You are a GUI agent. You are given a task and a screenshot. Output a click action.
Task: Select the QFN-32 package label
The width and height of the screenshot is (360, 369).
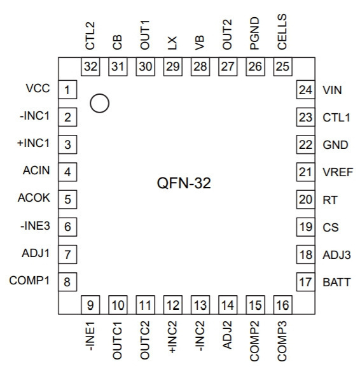coord(184,183)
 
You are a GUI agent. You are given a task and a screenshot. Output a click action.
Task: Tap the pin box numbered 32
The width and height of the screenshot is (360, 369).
coord(90,66)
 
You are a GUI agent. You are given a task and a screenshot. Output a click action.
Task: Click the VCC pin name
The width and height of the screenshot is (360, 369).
coord(38,88)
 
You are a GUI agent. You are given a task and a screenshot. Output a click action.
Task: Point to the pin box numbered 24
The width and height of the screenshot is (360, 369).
coord(305,90)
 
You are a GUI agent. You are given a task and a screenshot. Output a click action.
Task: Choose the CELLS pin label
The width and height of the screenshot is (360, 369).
coord(282,32)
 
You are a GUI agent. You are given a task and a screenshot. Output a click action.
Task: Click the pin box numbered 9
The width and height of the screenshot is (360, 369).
coord(90,305)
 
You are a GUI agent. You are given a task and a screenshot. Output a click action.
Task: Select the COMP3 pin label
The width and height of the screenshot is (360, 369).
coord(282,341)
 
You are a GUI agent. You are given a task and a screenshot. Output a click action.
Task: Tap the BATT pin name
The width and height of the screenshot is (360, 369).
coord(336,282)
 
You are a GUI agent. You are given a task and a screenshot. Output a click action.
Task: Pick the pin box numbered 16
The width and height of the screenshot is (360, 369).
coord(282,305)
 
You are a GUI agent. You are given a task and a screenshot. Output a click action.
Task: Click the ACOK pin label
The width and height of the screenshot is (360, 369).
coord(34,198)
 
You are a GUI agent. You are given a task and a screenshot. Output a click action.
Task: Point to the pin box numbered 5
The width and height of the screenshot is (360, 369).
coord(67,199)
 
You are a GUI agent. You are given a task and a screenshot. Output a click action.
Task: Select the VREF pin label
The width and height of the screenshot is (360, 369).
coord(338,172)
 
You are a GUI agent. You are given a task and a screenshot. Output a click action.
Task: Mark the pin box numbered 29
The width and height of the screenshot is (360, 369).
coord(173,66)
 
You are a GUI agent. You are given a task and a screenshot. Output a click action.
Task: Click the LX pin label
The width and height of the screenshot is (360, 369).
coord(172,43)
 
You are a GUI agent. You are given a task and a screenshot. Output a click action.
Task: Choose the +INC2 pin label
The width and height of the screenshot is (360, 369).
coord(172,337)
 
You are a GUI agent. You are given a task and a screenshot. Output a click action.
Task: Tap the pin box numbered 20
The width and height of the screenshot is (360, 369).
coord(305,199)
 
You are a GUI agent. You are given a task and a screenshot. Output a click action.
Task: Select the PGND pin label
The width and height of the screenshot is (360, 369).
coord(254,34)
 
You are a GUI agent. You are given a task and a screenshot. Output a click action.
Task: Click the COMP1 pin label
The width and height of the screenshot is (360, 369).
coord(29,281)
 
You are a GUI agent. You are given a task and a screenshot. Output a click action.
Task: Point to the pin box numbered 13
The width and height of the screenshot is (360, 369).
coord(200,305)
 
